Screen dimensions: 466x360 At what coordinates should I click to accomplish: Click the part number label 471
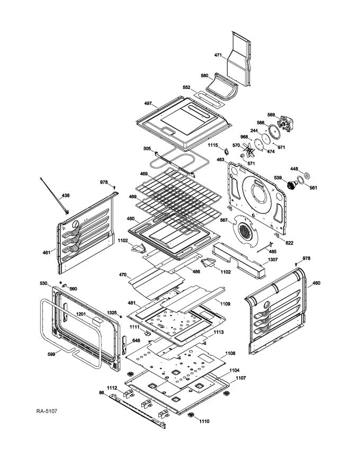coord(218,55)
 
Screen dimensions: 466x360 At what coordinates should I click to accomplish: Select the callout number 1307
coord(272,259)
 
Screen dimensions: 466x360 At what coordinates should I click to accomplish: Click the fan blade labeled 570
coord(247,152)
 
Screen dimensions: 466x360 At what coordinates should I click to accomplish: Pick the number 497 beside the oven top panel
coord(148,103)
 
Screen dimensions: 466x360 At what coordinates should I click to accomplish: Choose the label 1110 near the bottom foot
coord(204,421)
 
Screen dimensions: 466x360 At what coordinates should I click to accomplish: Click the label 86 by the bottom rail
coord(101,392)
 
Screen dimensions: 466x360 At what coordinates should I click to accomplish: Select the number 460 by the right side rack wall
coord(316,283)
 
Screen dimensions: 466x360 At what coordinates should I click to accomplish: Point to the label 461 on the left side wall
coord(47,252)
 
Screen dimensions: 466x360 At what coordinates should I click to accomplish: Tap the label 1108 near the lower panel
coord(230,353)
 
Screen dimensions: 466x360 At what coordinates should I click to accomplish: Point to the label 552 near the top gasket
coord(186,87)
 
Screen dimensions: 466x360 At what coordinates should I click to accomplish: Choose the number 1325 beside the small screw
coord(111,312)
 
